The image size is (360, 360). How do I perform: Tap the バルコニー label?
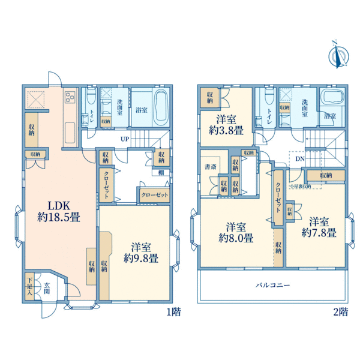[273, 286]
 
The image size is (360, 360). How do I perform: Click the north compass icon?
[337, 55]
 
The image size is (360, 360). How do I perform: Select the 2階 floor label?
[339, 311]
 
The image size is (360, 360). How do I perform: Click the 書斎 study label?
[209, 167]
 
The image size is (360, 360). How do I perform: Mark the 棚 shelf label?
[161, 173]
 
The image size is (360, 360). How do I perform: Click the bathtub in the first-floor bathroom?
[161, 103]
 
